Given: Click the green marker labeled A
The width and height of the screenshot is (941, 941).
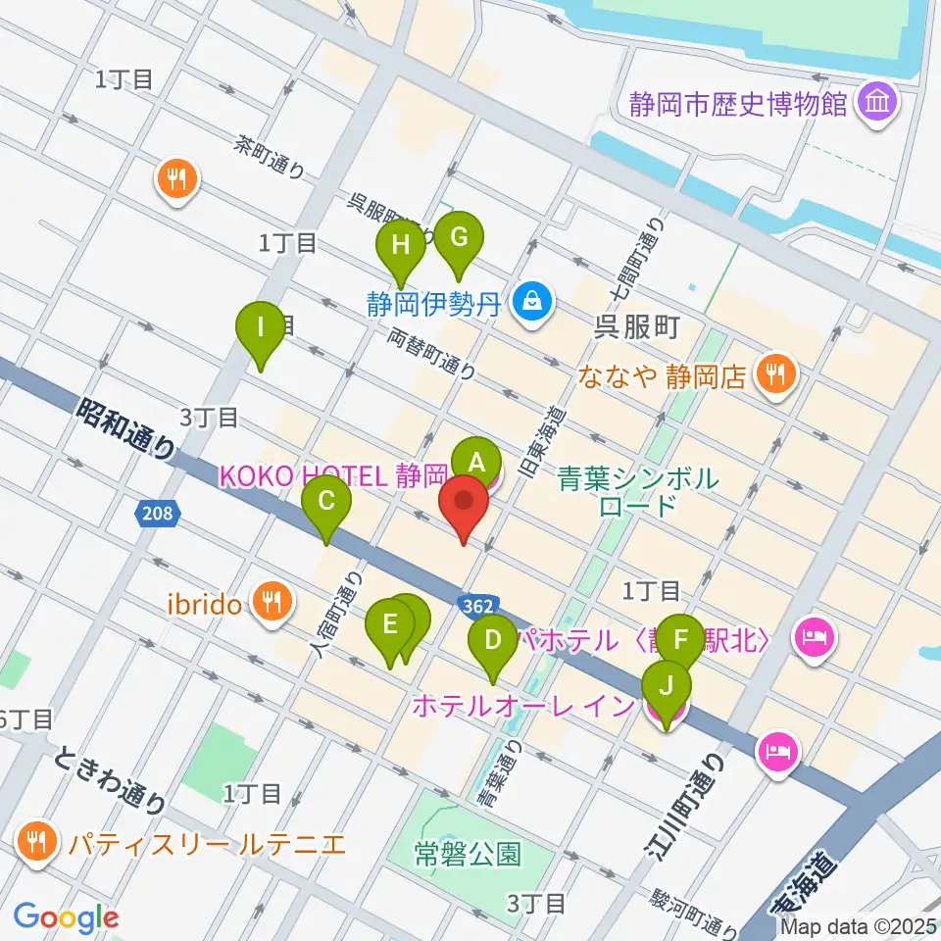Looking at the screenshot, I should click(x=476, y=460).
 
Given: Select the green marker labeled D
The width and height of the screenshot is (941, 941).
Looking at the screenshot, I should click(x=493, y=641).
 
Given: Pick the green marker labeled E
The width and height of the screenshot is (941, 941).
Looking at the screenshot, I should click(x=390, y=624).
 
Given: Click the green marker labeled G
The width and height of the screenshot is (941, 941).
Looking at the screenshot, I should click(x=458, y=237).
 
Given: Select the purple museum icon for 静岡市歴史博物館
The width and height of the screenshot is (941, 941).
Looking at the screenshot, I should click(x=875, y=102).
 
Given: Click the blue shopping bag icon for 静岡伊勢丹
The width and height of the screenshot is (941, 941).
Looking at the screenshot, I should click(x=531, y=301).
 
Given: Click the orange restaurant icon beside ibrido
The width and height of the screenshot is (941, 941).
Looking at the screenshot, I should click(x=268, y=600).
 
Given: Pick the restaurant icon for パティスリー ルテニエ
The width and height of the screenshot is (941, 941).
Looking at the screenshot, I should click(x=38, y=841).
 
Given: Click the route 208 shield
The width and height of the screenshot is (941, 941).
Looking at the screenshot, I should click(x=153, y=512).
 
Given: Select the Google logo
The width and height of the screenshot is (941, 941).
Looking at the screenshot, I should click(x=66, y=917).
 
